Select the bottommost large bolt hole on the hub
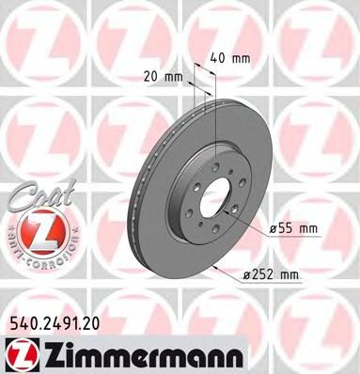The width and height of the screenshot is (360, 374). pos(215,242)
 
